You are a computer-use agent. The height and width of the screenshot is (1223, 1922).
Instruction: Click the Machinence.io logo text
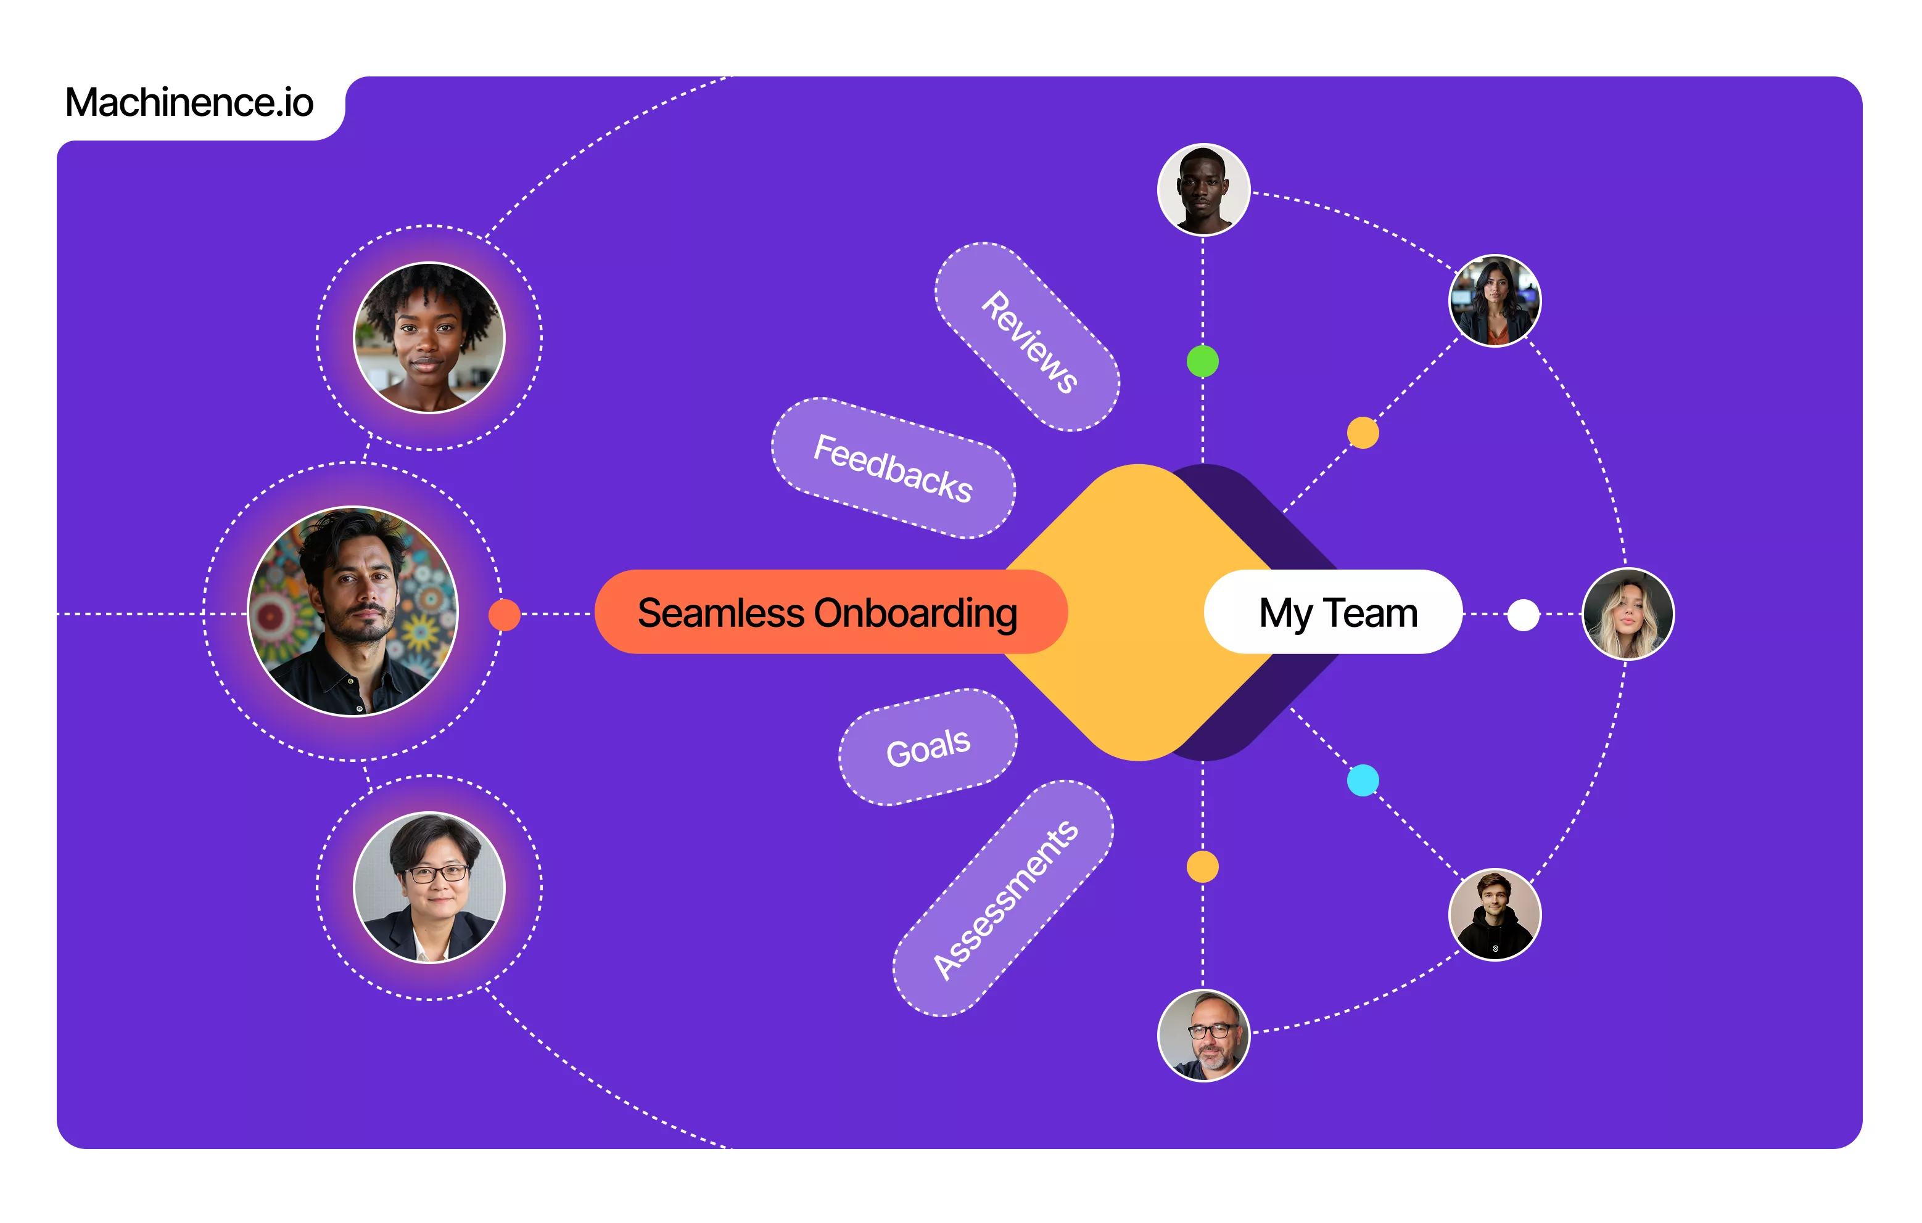pos(189,102)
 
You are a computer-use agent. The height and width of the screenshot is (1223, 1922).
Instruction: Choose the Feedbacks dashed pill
pos(893,468)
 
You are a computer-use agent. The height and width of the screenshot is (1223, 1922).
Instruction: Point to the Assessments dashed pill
pos(1004,898)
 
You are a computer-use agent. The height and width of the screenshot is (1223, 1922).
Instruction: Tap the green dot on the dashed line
pos(1203,361)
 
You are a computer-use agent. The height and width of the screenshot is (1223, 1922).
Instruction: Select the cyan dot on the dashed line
pos(1363,780)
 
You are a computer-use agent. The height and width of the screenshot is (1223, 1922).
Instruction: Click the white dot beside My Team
pos(1523,615)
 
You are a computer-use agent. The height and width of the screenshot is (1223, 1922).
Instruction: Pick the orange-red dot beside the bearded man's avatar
pos(505,615)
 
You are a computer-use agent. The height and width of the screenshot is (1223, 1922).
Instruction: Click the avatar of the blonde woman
pos(1628,615)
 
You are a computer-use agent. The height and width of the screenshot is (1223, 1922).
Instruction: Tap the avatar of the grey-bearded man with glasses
pos(1203,1036)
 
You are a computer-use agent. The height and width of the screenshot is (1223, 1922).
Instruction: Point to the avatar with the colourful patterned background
pos(353,612)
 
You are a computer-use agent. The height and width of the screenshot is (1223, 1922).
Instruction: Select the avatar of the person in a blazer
pos(429,887)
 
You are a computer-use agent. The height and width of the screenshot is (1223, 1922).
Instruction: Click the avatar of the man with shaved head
pos(1203,190)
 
